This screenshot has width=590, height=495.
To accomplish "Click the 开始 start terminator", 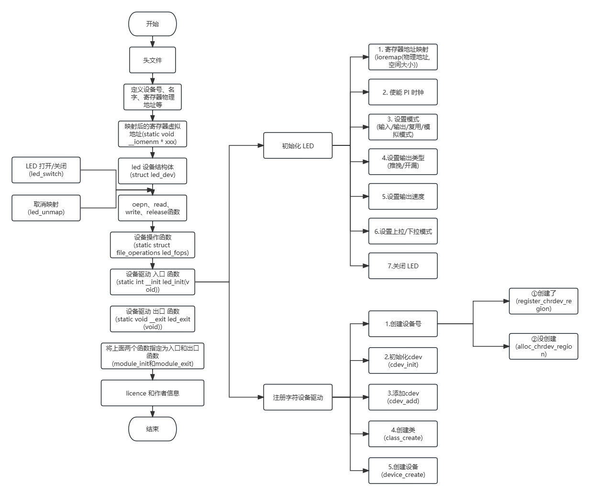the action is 153,24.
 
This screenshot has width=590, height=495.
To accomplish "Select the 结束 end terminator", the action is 153,429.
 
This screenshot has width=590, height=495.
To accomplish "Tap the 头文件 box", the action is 153,60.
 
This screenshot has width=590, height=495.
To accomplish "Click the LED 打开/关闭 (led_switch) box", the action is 46,170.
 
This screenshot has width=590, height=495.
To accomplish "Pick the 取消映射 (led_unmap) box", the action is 46,208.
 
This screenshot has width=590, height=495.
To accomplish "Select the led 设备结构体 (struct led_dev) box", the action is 153,171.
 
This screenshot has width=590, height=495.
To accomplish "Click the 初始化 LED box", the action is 298,146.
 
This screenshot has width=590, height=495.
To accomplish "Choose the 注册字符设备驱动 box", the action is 298,397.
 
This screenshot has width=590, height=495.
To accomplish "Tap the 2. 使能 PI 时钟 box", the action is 403,92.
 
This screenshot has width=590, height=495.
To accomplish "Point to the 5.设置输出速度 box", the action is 403,197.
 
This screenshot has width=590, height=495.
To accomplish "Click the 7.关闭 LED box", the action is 403,266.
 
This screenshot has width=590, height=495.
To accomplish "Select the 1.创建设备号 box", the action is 403,324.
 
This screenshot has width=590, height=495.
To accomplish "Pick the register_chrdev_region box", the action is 544,301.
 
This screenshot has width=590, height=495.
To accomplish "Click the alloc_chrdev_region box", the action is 544,346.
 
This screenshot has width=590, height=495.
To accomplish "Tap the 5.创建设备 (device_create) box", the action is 403,471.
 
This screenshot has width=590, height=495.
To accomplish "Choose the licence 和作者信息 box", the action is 153,393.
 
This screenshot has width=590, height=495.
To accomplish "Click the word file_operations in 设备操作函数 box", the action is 138,253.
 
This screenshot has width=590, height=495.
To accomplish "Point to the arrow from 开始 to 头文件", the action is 153,42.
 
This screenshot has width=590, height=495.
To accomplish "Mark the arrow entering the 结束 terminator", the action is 153,412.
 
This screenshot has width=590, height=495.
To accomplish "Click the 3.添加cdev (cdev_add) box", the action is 403,397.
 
